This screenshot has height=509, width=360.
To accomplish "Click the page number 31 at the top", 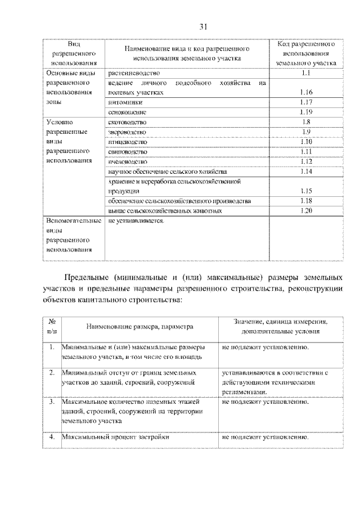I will click(x=204, y=26).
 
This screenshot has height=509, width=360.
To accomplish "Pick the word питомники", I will click(x=126, y=102).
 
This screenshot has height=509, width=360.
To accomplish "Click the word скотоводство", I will click(x=127, y=122).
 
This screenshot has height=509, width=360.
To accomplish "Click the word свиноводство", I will click(x=128, y=152).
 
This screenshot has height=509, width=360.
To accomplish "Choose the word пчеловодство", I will click(x=128, y=161).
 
